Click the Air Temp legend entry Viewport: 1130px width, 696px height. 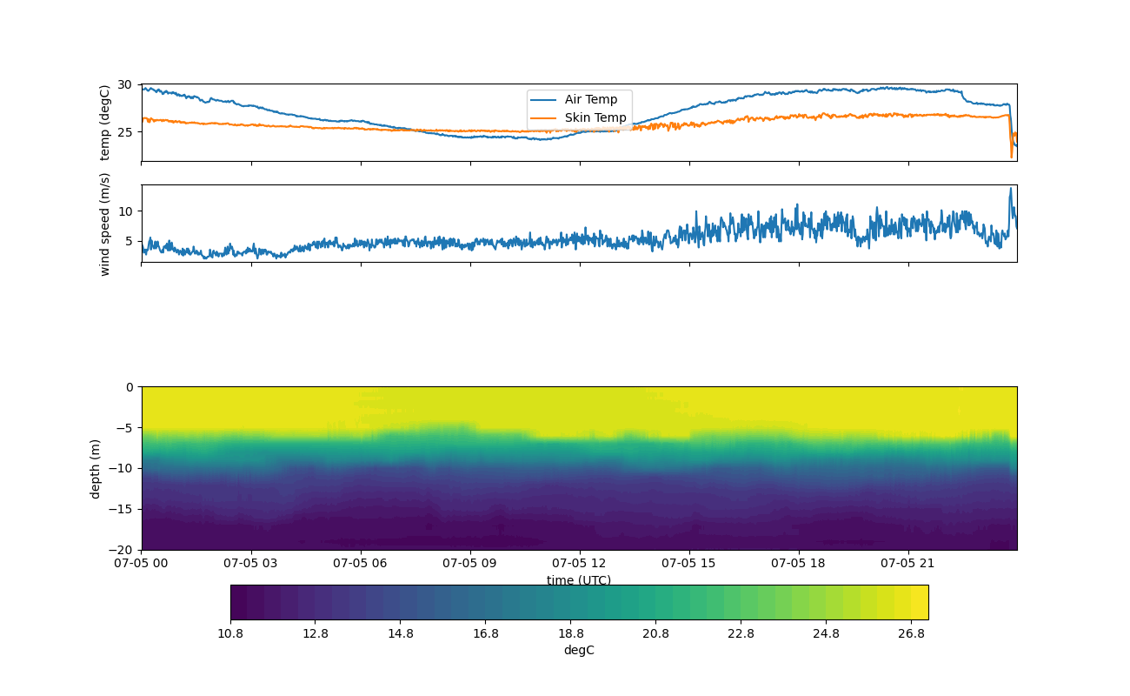pos(590,99)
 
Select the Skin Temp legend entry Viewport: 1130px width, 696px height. pos(595,117)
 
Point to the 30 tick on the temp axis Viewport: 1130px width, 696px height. pos(125,85)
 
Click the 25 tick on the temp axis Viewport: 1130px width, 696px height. pos(125,132)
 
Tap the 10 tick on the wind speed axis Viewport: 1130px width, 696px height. pos(125,211)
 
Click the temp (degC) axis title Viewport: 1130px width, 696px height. pos(105,123)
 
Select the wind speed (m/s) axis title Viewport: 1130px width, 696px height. pos(105,224)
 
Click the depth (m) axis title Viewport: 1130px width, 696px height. pos(96,468)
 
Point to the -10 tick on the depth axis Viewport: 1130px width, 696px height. pos(120,468)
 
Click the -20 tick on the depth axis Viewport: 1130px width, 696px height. pos(120,550)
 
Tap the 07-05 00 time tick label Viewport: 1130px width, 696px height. pos(142,563)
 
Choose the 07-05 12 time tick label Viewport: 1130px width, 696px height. pos(580,563)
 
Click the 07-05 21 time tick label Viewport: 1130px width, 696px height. pos(908,563)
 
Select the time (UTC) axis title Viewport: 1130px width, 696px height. pos(579,580)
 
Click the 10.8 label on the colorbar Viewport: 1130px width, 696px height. pos(230,633)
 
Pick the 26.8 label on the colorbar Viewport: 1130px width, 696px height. pos(911,633)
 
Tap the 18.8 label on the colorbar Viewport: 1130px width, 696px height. pos(571,633)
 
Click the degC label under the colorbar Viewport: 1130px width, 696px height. pos(579,650)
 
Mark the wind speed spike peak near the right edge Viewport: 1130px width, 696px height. pos(1010,189)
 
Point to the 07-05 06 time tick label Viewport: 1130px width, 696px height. pos(361,563)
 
